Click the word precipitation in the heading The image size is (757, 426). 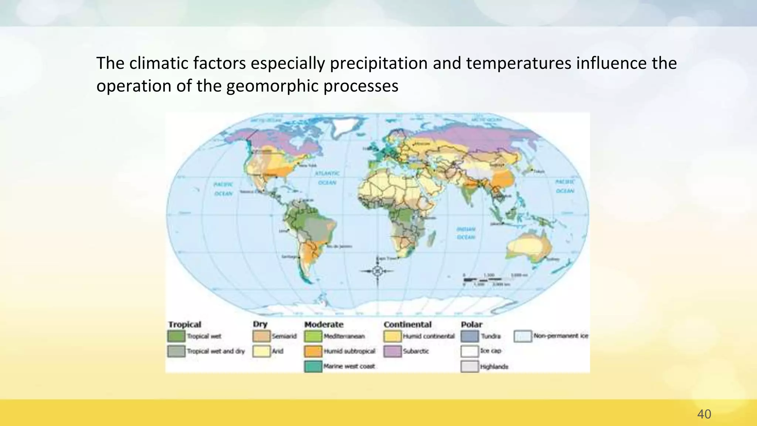pos(378,63)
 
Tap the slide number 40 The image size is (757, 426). pos(704,414)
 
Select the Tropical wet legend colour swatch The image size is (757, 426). pos(176,336)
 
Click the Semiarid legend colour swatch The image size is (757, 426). pos(261,336)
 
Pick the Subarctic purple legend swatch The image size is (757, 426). pos(392,351)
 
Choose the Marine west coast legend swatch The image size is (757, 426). pos(313,366)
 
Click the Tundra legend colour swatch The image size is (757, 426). pos(470,336)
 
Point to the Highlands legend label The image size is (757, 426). pos(494,366)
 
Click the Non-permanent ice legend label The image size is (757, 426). pos(560,336)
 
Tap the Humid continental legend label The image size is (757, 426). pos(429,336)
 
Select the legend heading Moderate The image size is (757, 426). pos(324,324)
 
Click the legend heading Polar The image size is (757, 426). pos(471,324)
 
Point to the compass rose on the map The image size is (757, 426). pos(377,271)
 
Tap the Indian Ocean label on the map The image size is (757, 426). pos(466,233)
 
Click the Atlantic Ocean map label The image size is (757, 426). pos(327,178)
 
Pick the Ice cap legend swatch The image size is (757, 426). pos(470,351)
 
